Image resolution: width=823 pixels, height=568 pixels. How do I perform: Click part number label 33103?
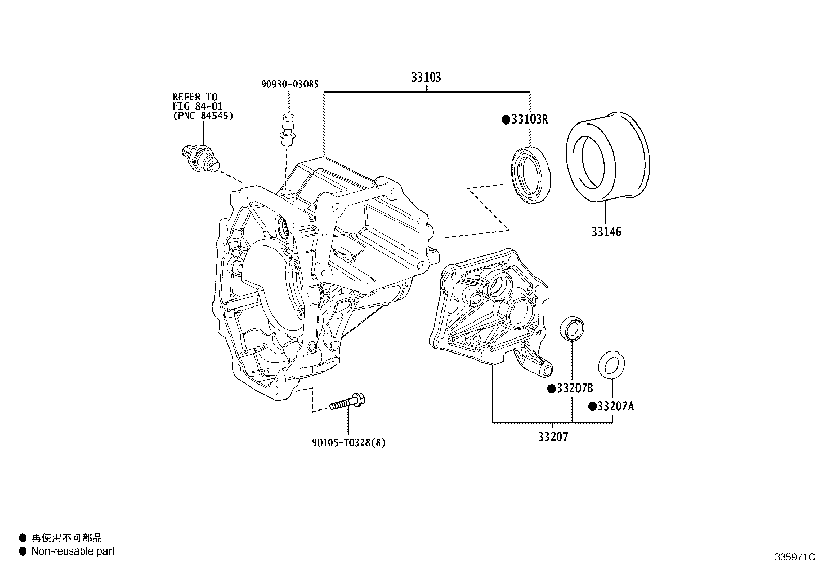[426, 78]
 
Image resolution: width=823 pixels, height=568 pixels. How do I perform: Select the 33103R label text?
[529, 120]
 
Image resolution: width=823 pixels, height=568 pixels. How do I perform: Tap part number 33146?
[606, 232]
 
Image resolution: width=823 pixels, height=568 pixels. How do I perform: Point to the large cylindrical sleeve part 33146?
[607, 155]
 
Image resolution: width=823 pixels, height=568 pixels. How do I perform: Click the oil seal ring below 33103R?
[530, 175]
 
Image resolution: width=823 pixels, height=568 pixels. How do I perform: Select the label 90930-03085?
[289, 84]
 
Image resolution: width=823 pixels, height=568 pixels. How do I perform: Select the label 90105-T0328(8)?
[348, 442]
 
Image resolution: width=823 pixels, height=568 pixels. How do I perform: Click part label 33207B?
[574, 389]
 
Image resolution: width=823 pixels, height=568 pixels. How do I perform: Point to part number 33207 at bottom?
[553, 437]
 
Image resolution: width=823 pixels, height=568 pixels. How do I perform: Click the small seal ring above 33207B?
[573, 328]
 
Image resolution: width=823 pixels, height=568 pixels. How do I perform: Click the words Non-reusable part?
[73, 551]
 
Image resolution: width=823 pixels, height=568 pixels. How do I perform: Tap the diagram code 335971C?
[794, 557]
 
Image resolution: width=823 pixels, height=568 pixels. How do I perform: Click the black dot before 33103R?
[506, 120]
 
